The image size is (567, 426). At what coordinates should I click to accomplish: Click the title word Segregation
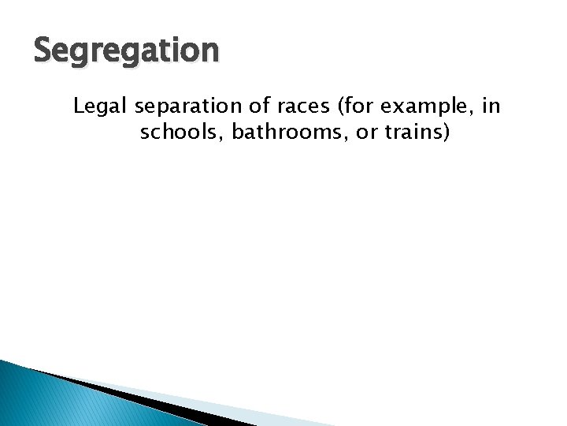click(x=127, y=51)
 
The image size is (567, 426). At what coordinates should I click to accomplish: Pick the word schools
click(x=176, y=133)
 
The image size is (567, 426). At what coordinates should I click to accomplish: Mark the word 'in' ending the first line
click(x=491, y=106)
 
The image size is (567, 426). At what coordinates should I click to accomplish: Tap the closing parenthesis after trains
click(x=447, y=133)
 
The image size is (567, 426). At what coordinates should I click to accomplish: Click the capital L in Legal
click(x=79, y=106)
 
